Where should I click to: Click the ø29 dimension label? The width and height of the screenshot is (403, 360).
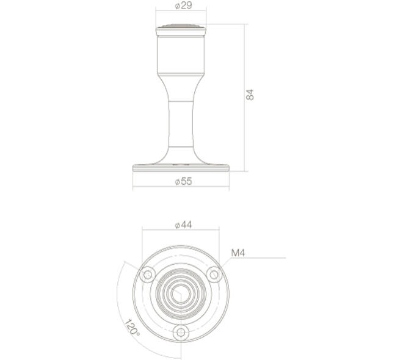coord(183,5)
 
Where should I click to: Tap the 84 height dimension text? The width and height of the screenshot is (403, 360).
coord(250,95)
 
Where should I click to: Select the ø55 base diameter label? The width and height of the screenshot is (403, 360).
coord(183,181)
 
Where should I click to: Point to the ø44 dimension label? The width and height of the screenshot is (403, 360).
coord(183,225)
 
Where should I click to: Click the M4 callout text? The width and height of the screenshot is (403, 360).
coord(238,253)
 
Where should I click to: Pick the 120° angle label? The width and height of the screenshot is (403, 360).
coord(133,328)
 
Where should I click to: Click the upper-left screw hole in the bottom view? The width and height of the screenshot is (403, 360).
coord(147,275)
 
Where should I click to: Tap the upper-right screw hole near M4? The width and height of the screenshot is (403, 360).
coord(214,275)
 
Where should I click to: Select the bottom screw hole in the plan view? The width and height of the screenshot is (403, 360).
coord(181,333)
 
